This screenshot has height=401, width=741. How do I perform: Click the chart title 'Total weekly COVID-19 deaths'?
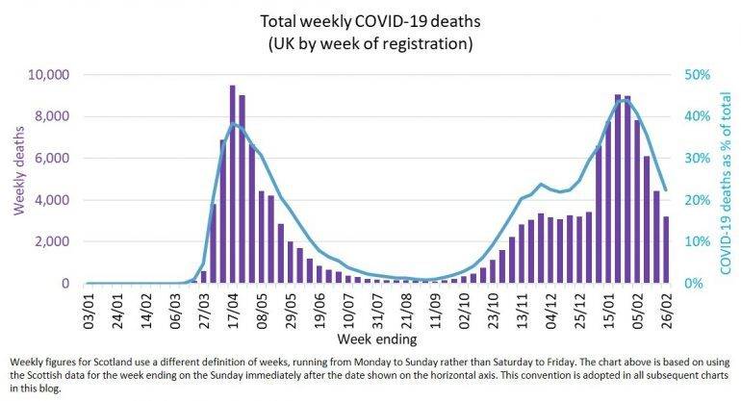tap(370, 19)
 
